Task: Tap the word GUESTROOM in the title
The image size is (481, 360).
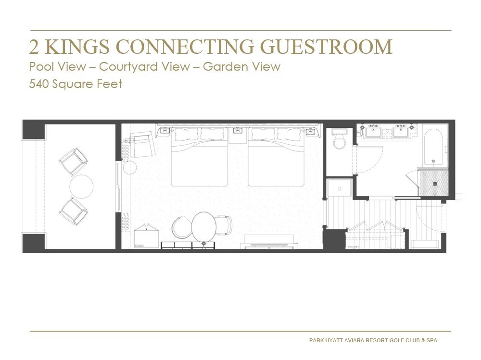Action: click(x=326, y=47)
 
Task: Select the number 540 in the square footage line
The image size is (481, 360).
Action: click(x=39, y=84)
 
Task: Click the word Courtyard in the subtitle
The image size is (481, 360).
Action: click(x=144, y=66)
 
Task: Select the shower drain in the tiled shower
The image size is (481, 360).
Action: click(x=435, y=184)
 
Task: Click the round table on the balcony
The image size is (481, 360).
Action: click(x=81, y=186)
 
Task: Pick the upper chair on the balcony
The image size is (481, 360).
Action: click(x=74, y=161)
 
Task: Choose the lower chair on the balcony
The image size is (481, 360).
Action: click(x=74, y=211)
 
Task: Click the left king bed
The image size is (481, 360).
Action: click(x=199, y=157)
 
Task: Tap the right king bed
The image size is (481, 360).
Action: click(x=276, y=157)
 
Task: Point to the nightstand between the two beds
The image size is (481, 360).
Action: click(x=238, y=135)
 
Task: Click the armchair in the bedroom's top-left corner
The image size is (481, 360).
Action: click(x=142, y=144)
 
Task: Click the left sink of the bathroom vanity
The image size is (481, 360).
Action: click(x=372, y=132)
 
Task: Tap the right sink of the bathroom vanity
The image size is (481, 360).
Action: click(x=401, y=132)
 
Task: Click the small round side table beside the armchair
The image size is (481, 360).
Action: click(x=130, y=168)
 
